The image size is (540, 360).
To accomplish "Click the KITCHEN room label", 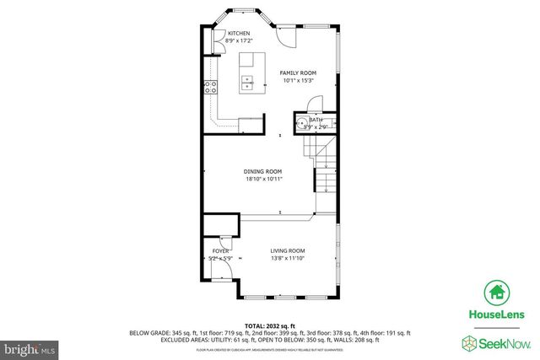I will click(239, 33).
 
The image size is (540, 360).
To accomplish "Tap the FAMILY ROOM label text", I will click(298, 73).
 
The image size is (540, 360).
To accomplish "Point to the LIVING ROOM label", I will click(287, 250).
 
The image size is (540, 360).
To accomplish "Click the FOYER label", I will click(221, 251).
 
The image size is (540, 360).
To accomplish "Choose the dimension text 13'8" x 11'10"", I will click(287, 258).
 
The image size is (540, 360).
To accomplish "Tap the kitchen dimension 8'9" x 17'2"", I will click(239, 40).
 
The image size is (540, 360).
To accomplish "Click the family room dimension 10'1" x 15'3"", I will click(298, 81).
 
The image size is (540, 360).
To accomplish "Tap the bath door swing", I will click(313, 103).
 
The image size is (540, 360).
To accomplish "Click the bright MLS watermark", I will click(29, 347).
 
